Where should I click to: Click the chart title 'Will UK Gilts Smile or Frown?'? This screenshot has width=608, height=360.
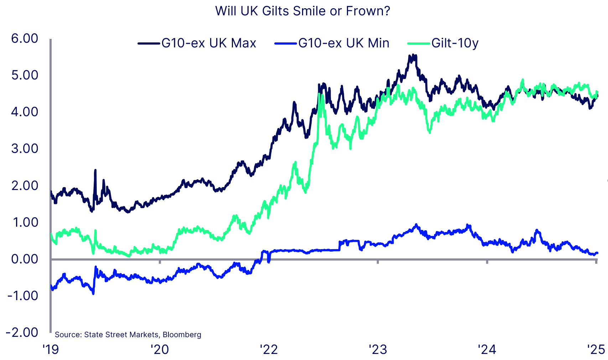coord(302,11)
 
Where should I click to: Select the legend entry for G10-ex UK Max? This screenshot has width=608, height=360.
coord(208,43)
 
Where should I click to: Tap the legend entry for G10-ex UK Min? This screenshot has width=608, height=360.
coord(343,43)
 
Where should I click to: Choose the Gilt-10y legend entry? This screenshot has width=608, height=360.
coord(454,43)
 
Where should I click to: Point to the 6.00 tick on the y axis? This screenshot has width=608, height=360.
coord(25,38)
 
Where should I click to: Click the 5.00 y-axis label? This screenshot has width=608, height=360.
coord(25,75)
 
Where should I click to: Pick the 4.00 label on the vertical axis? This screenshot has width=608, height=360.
coord(25,112)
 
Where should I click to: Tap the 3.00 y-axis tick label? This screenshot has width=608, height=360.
coord(25,149)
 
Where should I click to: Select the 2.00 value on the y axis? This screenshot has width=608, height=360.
coord(25,185)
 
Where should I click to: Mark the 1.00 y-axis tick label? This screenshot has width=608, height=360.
coord(25,222)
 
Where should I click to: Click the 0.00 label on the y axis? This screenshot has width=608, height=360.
coord(25,259)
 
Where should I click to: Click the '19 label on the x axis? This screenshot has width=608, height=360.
coord(51,350)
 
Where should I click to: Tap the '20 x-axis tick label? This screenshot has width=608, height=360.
coord(160,350)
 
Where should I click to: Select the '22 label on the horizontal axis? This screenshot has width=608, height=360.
coord(269,350)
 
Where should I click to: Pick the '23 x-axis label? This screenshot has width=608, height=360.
coord(378,350)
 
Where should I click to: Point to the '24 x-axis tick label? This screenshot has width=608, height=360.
coord(487,350)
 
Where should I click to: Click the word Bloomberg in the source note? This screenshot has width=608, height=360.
coord(182,335)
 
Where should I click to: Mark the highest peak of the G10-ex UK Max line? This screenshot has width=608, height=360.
coord(412,55)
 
